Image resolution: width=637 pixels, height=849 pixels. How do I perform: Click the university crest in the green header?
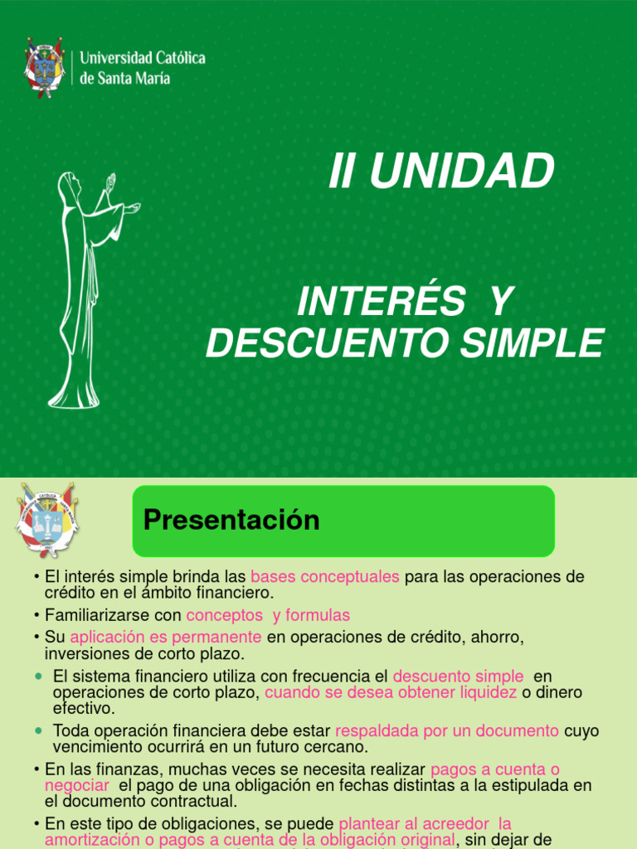tap(45, 67)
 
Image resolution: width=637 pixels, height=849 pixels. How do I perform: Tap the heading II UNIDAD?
tap(440, 172)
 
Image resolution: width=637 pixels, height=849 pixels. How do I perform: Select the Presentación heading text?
tap(231, 520)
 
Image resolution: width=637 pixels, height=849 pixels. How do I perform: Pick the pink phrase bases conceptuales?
tap(325, 576)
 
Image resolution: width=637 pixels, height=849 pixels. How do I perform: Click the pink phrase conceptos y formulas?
tap(268, 615)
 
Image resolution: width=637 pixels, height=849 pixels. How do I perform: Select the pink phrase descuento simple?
tap(458, 677)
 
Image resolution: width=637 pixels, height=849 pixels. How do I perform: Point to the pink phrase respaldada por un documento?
tap(447, 730)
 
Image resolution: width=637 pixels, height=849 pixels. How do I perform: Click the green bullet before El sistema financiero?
tap(39, 677)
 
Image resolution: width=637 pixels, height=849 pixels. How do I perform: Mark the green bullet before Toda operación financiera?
tap(39, 730)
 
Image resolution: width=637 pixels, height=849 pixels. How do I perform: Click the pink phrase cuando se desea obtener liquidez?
tap(391, 692)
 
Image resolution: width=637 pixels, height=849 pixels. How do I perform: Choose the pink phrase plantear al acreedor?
tap(425, 823)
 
